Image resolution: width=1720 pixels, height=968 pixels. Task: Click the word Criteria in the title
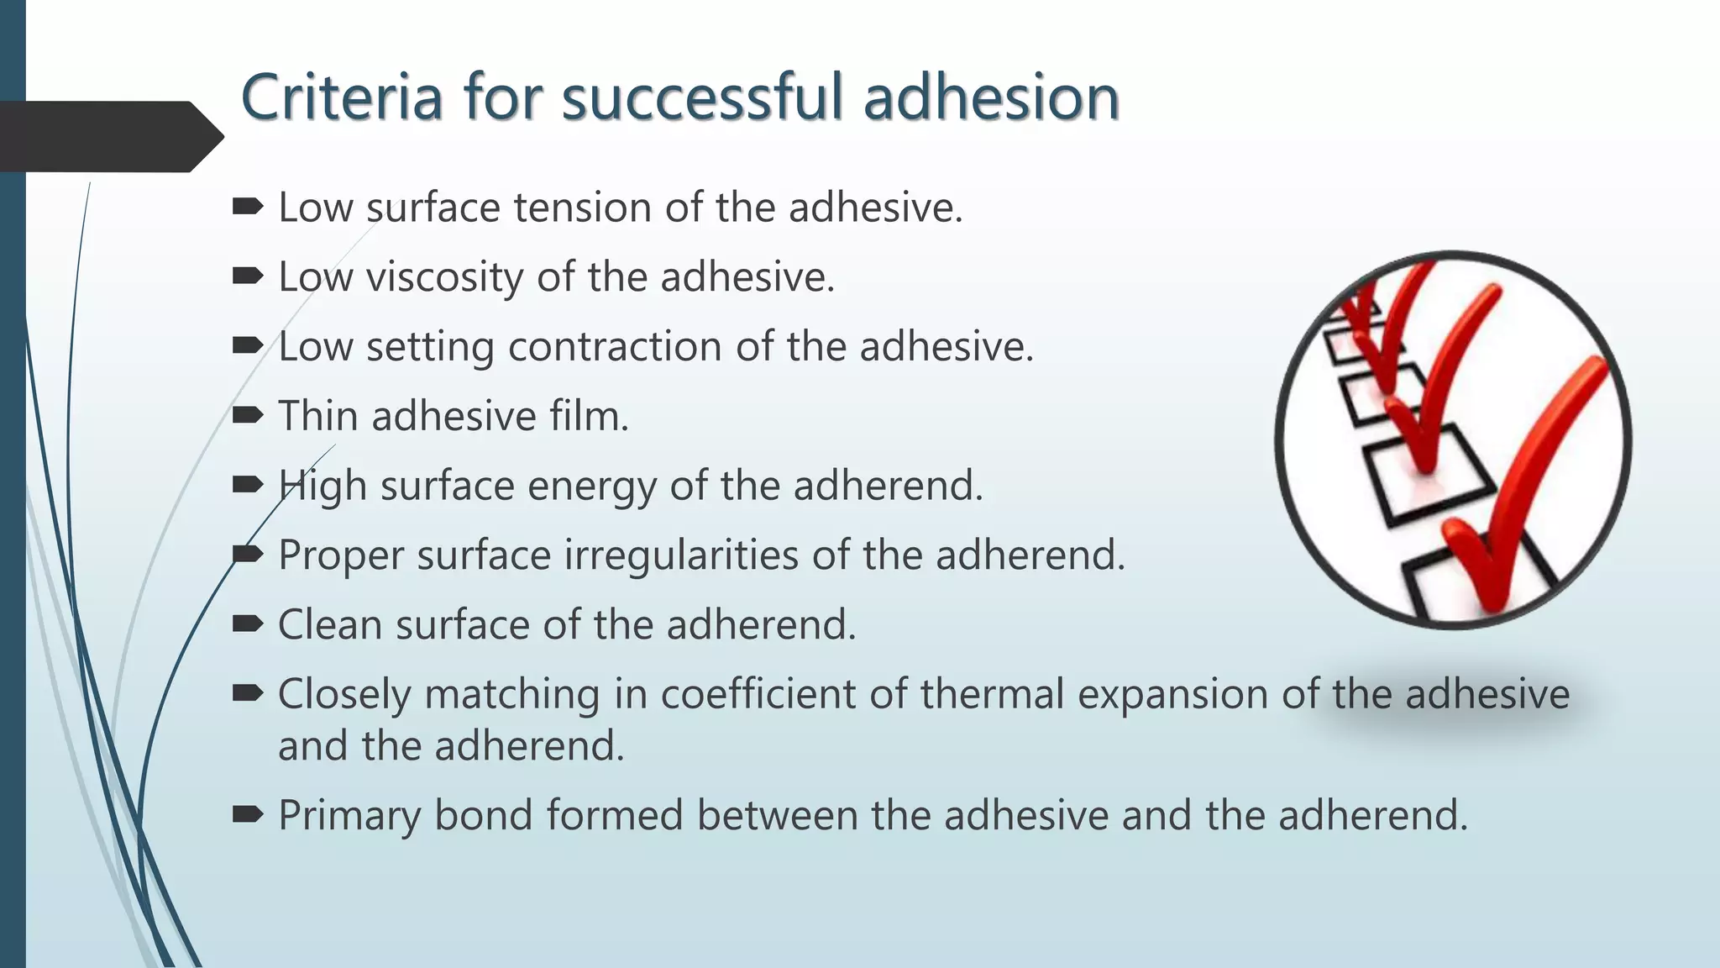pyautogui.click(x=341, y=97)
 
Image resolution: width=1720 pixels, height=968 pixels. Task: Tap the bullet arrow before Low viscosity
pyautogui.click(x=248, y=276)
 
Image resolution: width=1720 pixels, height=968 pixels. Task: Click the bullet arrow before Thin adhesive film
pyautogui.click(x=248, y=415)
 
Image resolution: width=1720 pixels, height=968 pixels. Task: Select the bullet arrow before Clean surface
pyautogui.click(x=248, y=623)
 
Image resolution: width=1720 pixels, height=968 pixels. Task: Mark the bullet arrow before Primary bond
pyautogui.click(x=248, y=814)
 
